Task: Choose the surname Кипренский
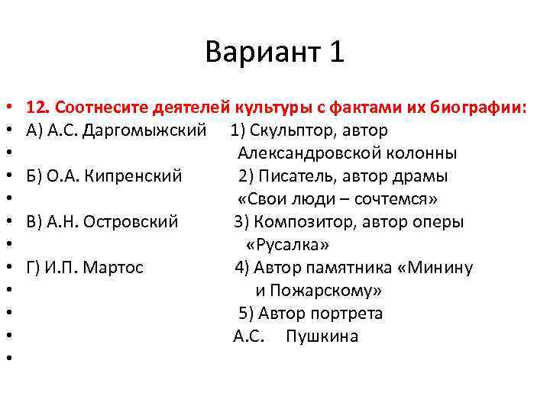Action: coord(134,176)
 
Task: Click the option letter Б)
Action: coord(34,176)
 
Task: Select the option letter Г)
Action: coord(34,268)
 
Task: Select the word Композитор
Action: coord(299,222)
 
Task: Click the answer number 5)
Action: coord(246,314)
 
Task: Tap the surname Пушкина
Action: coord(322,336)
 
